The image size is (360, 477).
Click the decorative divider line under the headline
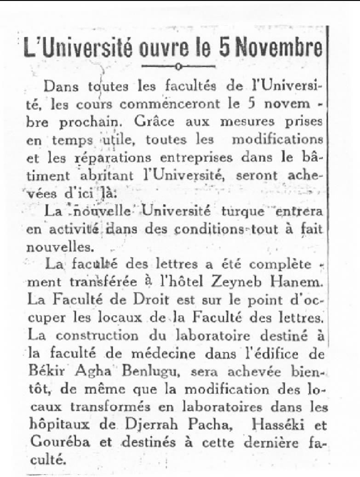(x=178, y=67)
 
